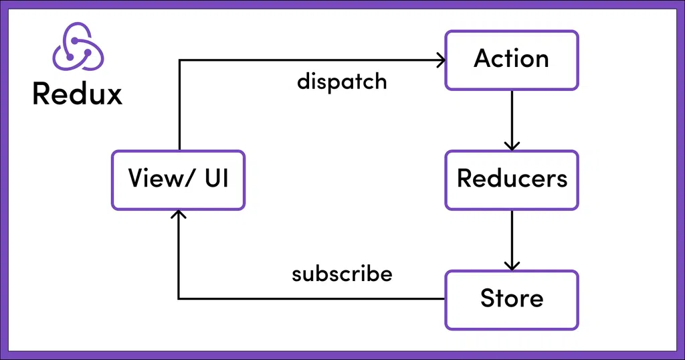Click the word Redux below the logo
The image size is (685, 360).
pyautogui.click(x=78, y=94)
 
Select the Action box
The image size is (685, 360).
pyautogui.click(x=512, y=60)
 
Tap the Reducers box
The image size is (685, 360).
pyautogui.click(x=512, y=179)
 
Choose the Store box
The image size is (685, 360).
pyautogui.click(x=512, y=299)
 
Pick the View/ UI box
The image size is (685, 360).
pyautogui.click(x=178, y=180)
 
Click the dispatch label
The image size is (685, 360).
pyautogui.click(x=342, y=82)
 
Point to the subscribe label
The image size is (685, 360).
pyautogui.click(x=342, y=274)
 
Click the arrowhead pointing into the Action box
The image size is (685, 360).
pyautogui.click(x=440, y=60)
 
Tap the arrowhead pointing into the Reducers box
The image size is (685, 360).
pyautogui.click(x=512, y=145)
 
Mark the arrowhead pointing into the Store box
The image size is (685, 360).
pyautogui.click(x=512, y=265)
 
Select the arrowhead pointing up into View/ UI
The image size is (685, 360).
pyautogui.click(x=178, y=215)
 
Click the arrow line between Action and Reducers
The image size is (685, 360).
pyautogui.click(x=512, y=117)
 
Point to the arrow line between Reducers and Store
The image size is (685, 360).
pyautogui.click(x=512, y=238)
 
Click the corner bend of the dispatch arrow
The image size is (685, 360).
pyautogui.click(x=179, y=60)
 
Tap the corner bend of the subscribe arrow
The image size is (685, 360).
pyautogui.click(x=179, y=298)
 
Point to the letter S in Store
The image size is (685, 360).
pyautogui.click(x=488, y=299)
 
